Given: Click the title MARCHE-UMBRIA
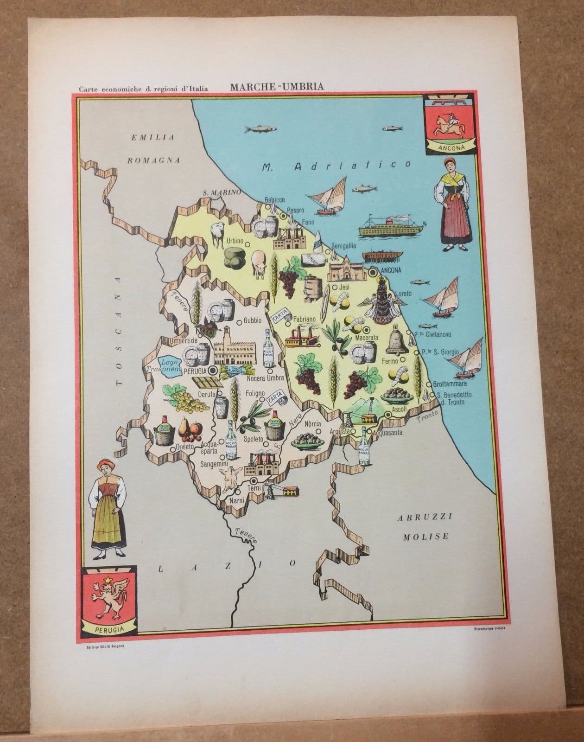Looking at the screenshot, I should (x=277, y=86).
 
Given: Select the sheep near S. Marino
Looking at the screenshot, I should (x=217, y=233).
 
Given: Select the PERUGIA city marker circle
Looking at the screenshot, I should (x=213, y=371).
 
